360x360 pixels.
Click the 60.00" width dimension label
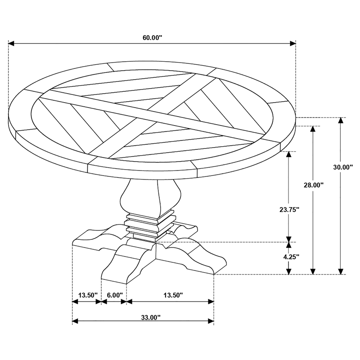153,38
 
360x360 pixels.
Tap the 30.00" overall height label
343,167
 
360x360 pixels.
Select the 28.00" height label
314,185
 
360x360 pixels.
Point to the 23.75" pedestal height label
289,209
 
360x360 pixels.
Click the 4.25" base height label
291,256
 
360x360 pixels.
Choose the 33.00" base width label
151,318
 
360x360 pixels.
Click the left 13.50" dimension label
88,295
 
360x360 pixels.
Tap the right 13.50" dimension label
173,295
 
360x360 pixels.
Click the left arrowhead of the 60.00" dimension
11,43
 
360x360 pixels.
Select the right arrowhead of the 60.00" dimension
293,43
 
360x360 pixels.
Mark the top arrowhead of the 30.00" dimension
341,121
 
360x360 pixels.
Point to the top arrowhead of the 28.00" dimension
312,129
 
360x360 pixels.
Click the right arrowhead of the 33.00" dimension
211,321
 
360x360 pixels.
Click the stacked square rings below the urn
150,225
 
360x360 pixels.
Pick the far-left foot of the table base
99,239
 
